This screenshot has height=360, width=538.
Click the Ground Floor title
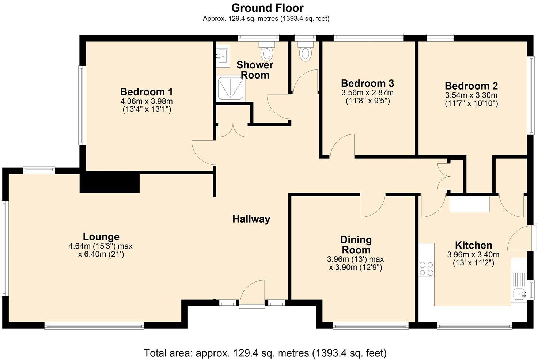click(267, 8)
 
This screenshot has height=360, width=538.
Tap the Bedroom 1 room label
click(146, 92)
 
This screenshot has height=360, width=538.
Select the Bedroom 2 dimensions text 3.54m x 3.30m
click(471, 95)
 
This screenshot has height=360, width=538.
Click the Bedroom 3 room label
click(367, 83)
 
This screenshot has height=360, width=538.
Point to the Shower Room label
click(255, 70)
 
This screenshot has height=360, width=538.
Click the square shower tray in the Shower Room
click(230, 88)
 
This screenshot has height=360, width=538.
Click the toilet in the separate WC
click(306, 52)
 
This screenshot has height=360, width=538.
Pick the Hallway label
click(251, 219)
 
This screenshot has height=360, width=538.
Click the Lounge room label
click(101, 237)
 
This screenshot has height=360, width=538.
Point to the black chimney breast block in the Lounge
click(110, 183)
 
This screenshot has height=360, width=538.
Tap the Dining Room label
click(356, 245)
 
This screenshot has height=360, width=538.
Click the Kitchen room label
click(473, 245)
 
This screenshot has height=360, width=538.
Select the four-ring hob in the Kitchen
click(426, 269)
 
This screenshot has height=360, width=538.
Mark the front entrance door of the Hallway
click(252, 294)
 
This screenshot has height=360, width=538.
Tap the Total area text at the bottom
click(265, 353)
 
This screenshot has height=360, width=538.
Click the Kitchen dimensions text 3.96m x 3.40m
click(473, 255)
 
